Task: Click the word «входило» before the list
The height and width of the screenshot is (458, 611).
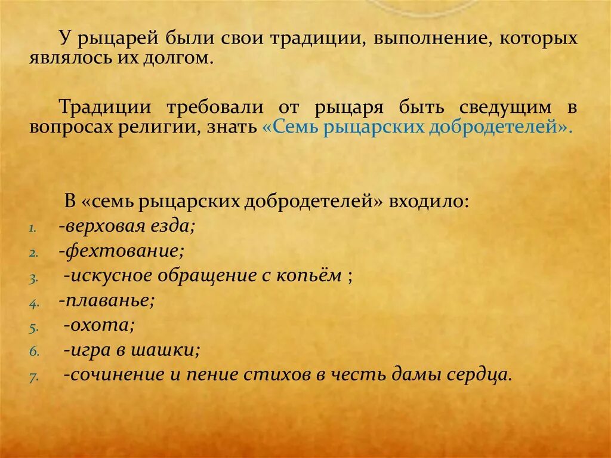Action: point(427,201)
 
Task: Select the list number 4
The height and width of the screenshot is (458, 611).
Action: point(33,303)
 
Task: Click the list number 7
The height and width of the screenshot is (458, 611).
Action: point(33,377)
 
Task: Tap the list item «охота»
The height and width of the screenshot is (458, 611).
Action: point(101,325)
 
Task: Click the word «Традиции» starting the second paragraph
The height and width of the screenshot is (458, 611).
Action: point(101,107)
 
